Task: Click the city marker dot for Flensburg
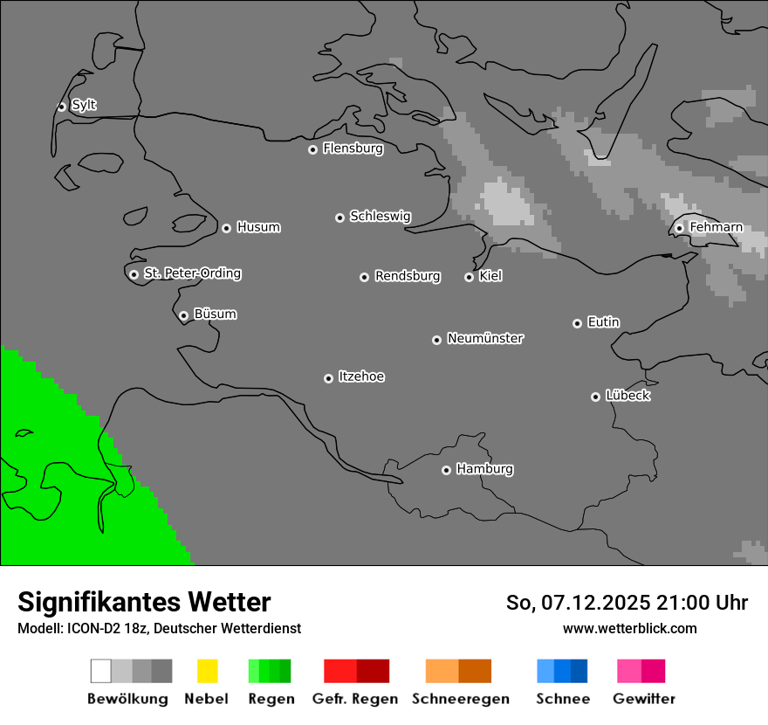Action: tap(312, 149)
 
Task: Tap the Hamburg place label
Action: tap(484, 469)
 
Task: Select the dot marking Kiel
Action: tap(469, 277)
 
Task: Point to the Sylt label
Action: tap(84, 105)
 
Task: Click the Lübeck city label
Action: tap(627, 396)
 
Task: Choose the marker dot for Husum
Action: tap(226, 228)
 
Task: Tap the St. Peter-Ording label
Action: tap(192, 273)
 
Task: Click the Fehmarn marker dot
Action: tap(679, 228)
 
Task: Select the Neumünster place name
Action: tap(485, 338)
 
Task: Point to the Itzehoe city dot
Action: tap(328, 378)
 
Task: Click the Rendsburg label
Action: tap(408, 276)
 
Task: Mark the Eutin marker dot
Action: tap(577, 323)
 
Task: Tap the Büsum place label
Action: tap(215, 314)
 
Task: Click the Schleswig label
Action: tap(380, 216)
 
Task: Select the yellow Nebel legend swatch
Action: tap(207, 671)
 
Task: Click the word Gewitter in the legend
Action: tap(643, 699)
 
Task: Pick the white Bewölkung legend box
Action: tap(101, 671)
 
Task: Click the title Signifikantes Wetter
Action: tap(144, 602)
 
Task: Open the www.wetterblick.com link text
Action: tap(629, 628)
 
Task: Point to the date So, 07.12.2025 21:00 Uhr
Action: tap(627, 603)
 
